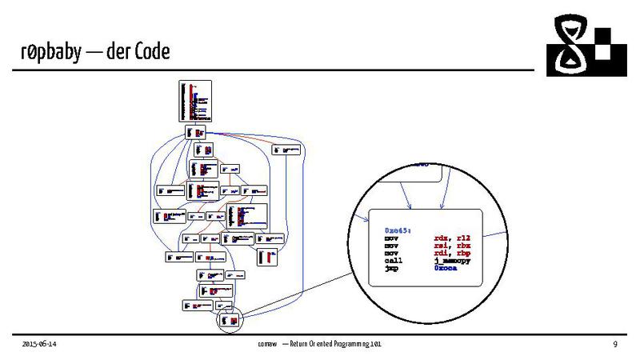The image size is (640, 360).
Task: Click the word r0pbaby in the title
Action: [50, 53]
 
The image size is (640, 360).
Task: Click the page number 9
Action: [614, 344]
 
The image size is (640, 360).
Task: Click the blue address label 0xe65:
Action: [398, 230]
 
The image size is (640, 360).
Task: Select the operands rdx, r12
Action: [444, 238]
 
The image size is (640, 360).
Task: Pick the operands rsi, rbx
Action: [444, 246]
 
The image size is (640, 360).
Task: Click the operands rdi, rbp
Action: [444, 254]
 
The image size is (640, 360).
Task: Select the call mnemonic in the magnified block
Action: [393, 262]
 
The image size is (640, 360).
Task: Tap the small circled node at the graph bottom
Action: [229, 320]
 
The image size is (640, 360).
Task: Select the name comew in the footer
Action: [266, 344]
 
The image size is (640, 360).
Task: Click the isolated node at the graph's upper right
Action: [286, 148]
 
